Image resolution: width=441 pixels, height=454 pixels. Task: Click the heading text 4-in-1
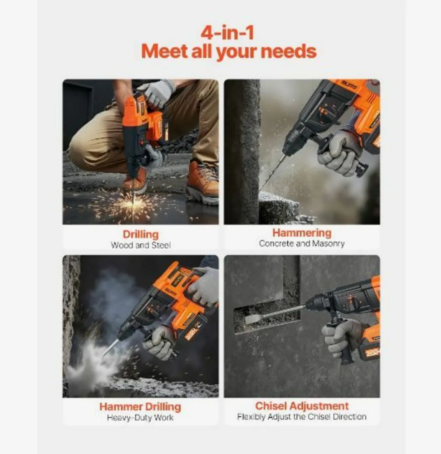point(228,33)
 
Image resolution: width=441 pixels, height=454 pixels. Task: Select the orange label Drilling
point(140,234)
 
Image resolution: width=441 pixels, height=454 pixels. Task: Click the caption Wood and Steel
point(140,245)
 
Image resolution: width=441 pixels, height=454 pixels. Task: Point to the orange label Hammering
point(302,233)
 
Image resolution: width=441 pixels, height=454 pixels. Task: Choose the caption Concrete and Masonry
point(302,244)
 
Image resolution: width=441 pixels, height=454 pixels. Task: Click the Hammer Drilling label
point(140,407)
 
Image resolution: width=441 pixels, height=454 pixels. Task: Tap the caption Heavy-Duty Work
point(140,418)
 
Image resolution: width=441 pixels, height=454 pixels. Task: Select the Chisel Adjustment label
point(302,406)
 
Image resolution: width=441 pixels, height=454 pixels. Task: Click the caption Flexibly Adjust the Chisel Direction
point(302,417)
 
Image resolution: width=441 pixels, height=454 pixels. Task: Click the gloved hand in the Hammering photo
point(337,153)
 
